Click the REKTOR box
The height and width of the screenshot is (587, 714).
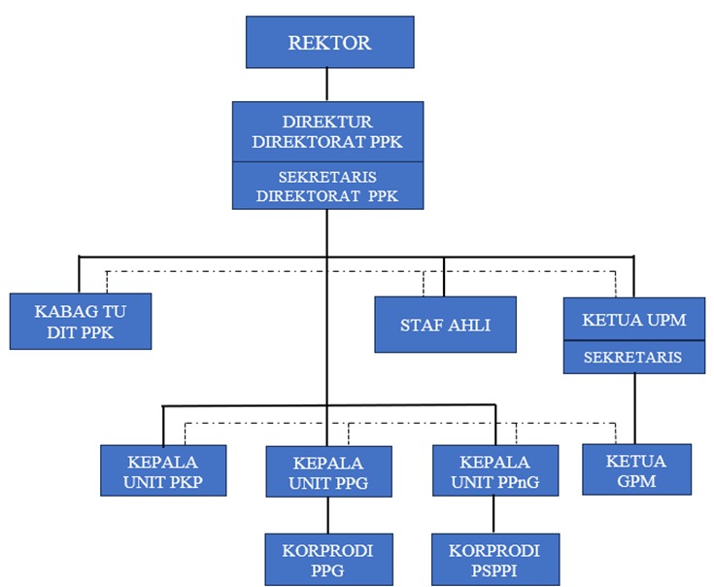click(x=329, y=43)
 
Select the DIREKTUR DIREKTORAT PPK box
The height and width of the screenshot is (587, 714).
click(x=327, y=131)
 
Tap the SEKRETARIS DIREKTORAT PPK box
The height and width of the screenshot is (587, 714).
click(x=327, y=186)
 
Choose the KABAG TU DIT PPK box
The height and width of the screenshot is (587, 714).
click(x=81, y=322)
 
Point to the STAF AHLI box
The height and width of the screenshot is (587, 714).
click(x=445, y=325)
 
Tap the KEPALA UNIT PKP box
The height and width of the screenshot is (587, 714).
click(x=163, y=470)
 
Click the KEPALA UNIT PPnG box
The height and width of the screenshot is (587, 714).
click(x=495, y=471)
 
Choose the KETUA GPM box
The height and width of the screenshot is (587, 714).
click(x=636, y=470)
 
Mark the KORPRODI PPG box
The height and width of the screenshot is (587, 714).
click(x=327, y=560)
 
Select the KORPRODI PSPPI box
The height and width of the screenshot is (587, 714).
click(x=495, y=560)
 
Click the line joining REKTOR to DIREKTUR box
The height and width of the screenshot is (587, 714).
click(x=327, y=85)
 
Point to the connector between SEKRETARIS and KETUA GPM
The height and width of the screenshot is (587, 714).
click(x=634, y=408)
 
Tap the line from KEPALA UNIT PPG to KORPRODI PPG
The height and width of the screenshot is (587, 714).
click(x=328, y=515)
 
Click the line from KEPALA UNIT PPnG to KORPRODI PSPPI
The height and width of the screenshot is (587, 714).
click(x=495, y=515)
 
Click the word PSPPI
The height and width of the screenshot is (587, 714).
click(x=495, y=570)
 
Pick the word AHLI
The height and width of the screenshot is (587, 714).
click(x=469, y=325)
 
